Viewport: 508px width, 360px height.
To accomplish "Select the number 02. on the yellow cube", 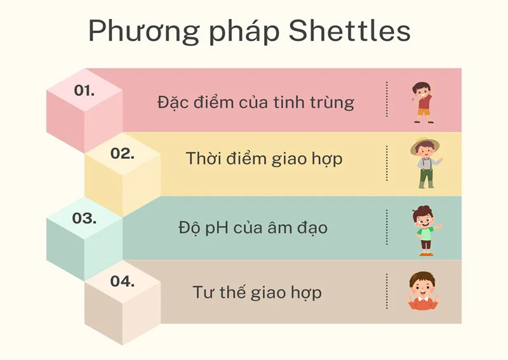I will tap(123, 153).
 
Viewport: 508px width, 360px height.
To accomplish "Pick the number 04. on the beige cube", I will tap(123, 281).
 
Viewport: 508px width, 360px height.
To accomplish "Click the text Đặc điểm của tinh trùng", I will tap(256, 102).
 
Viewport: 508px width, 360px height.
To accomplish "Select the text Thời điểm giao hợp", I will tap(264, 159).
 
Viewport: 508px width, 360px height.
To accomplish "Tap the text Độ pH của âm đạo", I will tap(253, 227).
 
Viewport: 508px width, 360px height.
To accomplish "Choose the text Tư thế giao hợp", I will tap(257, 292).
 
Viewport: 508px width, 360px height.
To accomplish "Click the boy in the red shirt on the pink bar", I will tap(422, 102).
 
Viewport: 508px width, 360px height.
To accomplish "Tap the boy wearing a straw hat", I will tap(425, 163).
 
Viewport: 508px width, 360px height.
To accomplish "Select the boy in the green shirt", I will tap(425, 230).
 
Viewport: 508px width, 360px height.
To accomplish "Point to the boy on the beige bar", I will tap(423, 292).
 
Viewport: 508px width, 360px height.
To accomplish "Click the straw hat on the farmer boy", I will tap(425, 145).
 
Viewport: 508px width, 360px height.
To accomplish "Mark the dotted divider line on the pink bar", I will tap(386, 100).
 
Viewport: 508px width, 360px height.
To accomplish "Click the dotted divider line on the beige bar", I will tap(386, 291).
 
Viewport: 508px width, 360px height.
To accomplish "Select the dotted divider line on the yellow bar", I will tap(386, 163).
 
